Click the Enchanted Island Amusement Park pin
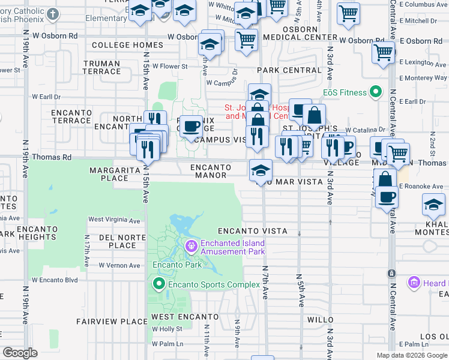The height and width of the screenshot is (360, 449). pos(191,245)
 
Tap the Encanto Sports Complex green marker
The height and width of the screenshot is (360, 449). pos(159,284)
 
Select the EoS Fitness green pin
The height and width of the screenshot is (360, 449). pos(376,92)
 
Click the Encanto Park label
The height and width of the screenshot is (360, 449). pos(168,264)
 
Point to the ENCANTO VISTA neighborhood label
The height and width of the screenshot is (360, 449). pos(252,231)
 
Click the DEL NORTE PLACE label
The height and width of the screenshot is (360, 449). pos(122,241)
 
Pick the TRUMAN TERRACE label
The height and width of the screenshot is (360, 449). pos(101,67)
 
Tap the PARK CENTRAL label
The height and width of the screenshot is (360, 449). pos(289,70)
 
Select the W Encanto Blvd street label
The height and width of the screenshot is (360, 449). pos(55,280)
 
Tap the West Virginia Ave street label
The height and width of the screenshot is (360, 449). pos(114,220)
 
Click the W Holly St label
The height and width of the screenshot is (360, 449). pos(167,329)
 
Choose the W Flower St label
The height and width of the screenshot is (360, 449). pos(170,67)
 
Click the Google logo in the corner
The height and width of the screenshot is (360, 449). pos(20,353)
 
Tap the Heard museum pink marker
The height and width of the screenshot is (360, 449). pos(413,283)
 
